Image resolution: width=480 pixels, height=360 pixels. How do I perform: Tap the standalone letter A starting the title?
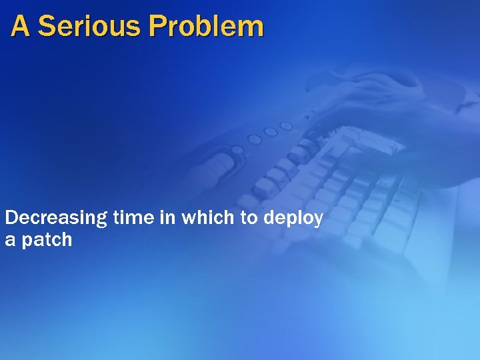click(x=21, y=27)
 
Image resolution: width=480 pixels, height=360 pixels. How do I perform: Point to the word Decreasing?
click(x=56, y=219)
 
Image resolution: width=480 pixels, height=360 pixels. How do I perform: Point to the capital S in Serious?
click(x=47, y=27)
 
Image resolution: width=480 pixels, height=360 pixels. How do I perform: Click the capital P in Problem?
click(x=157, y=27)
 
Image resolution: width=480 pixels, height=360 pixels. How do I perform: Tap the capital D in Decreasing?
click(x=11, y=218)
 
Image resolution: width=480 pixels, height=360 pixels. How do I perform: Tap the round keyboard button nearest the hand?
click(x=286, y=126)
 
